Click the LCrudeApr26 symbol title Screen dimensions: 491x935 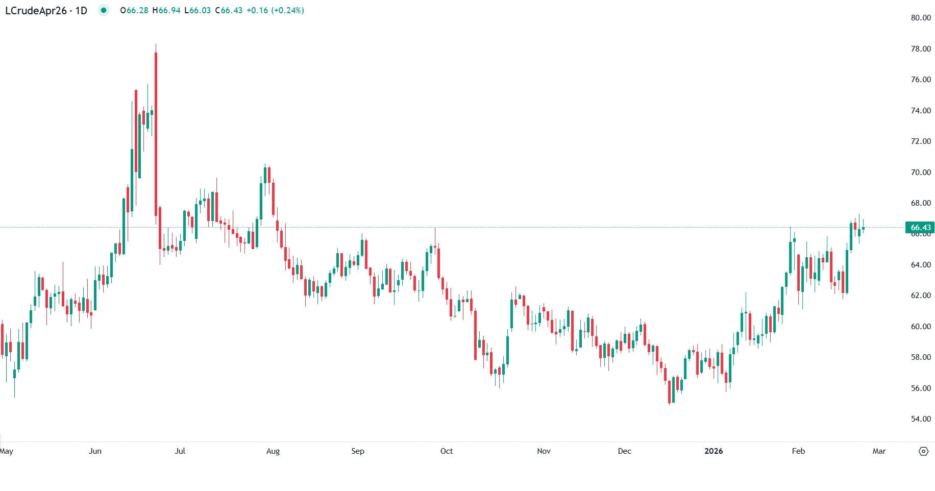click(x=36, y=11)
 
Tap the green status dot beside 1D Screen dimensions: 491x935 click(x=104, y=10)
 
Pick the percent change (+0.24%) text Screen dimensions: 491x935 click(x=287, y=11)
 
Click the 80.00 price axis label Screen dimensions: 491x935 click(x=921, y=18)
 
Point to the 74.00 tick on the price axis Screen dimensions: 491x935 click(x=921, y=111)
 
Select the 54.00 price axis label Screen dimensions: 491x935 click(x=921, y=419)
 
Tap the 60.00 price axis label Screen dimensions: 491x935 click(x=921, y=327)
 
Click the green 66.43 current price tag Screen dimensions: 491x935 click(x=920, y=228)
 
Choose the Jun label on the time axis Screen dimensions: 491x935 click(x=95, y=451)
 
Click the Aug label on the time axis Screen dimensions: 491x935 click(x=273, y=451)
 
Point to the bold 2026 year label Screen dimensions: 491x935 click(x=713, y=451)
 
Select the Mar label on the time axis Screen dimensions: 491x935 click(x=879, y=451)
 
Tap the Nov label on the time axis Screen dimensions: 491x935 click(x=544, y=451)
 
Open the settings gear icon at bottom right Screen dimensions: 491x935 click(x=923, y=451)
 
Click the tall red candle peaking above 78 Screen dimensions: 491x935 click(x=156, y=133)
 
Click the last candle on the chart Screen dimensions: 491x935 click(x=863, y=228)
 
